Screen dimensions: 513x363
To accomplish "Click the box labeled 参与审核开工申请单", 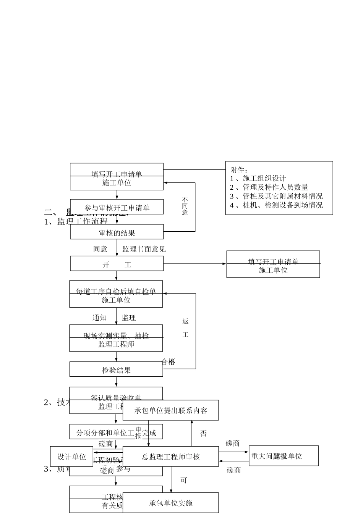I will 117,207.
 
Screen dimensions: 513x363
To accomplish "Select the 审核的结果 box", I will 117,232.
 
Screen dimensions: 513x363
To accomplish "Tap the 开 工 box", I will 117,264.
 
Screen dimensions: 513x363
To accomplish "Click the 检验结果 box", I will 116,370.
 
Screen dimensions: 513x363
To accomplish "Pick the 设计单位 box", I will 71,457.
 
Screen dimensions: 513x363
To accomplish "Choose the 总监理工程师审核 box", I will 171,457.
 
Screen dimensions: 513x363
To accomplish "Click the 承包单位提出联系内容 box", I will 171,411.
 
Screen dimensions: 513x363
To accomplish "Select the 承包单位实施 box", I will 171,503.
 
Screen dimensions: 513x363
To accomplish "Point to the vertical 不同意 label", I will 185,206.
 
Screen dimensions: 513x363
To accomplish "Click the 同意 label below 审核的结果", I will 100,249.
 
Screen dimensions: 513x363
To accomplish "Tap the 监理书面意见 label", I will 144,249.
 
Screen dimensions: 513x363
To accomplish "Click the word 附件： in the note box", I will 239,170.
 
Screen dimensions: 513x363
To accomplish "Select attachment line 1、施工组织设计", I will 258,178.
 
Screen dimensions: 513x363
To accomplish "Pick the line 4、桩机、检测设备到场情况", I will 276,205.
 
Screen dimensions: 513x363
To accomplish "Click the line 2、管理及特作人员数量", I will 269,187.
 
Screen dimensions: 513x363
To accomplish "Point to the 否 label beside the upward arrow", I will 204,434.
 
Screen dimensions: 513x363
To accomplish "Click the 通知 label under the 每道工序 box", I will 99,318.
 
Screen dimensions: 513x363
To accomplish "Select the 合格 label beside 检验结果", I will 169,362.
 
